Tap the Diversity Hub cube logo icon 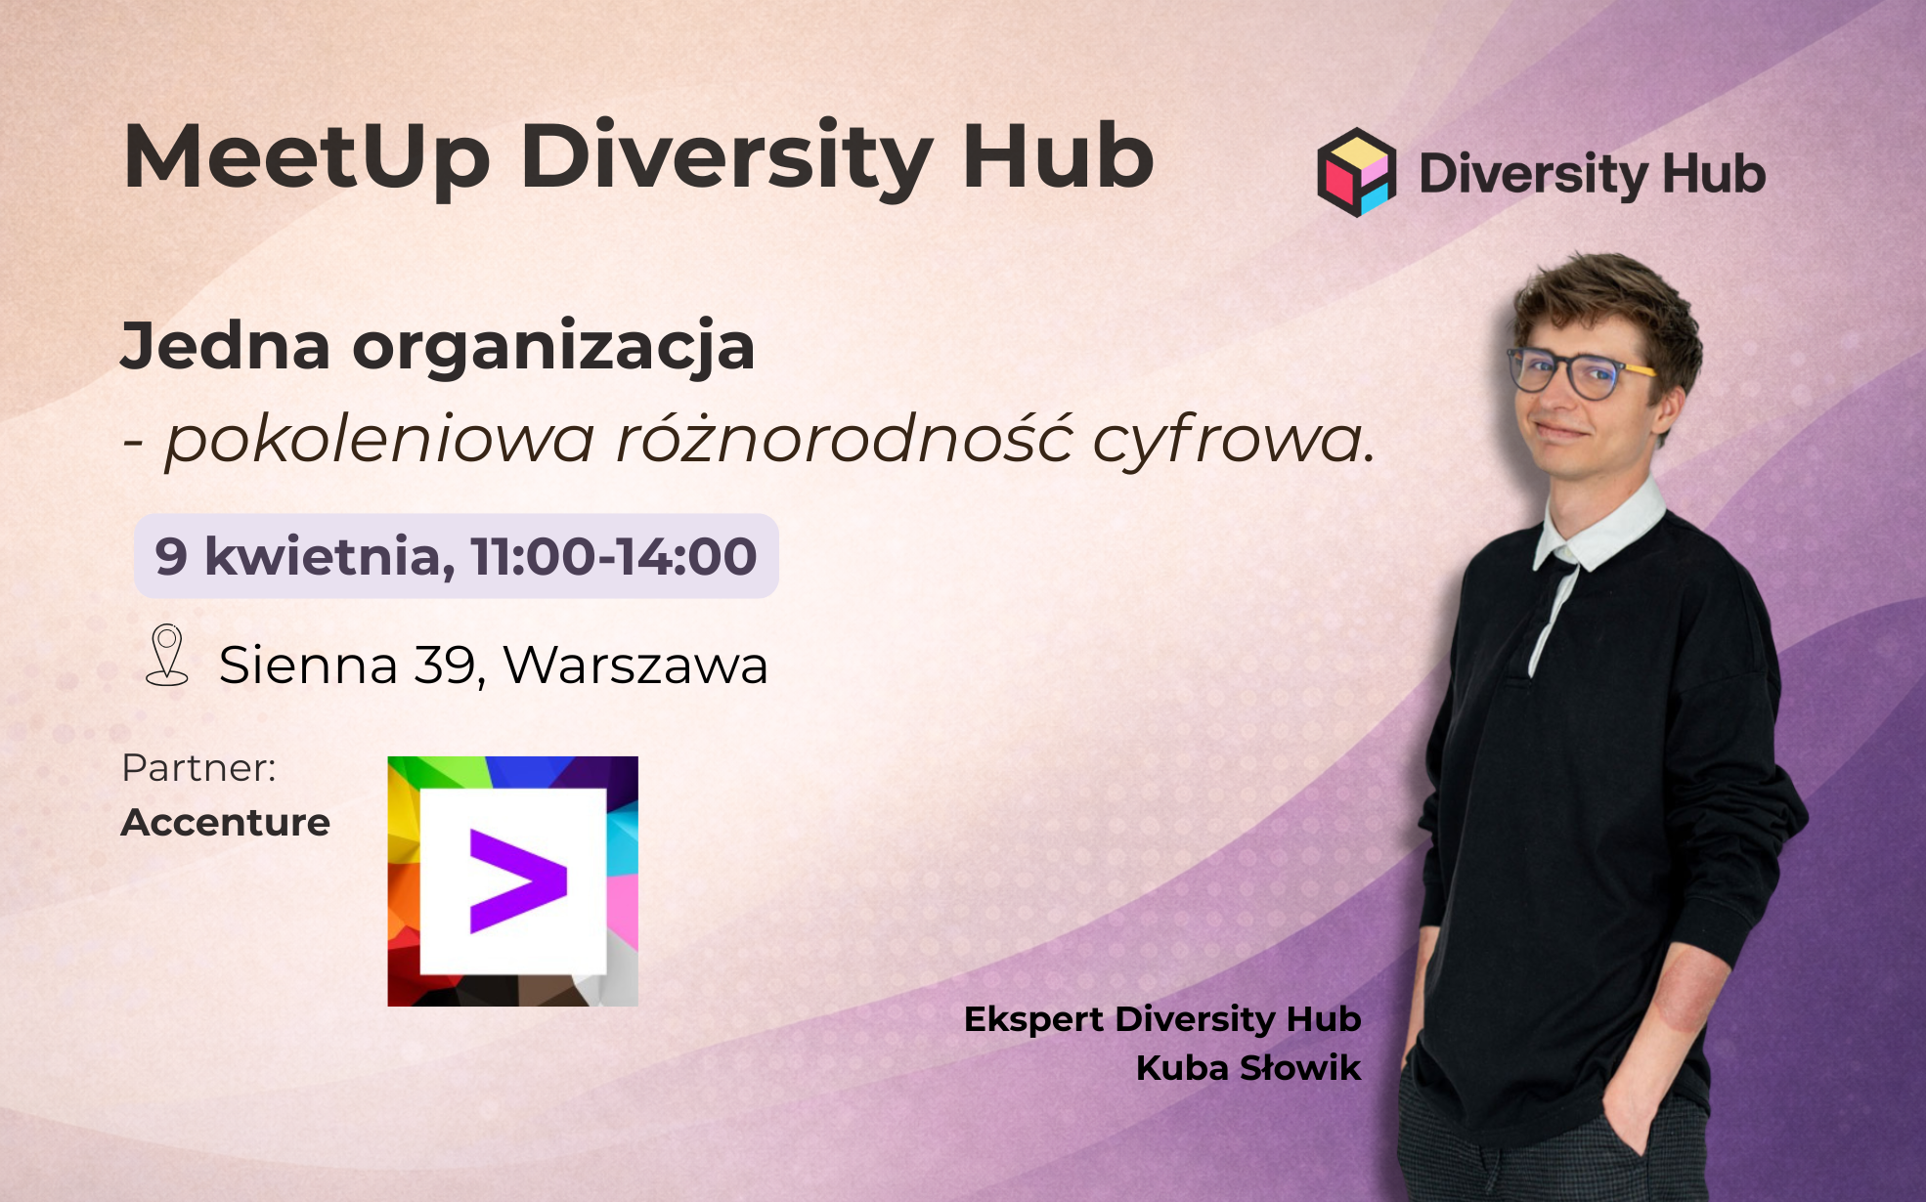click(x=1356, y=172)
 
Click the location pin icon click(x=167, y=655)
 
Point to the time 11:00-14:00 click(x=614, y=556)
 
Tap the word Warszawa click(x=635, y=665)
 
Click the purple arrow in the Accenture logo click(x=518, y=880)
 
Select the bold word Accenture click(x=225, y=823)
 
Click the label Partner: click(x=199, y=768)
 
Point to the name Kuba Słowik click(x=1248, y=1068)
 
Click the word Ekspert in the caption click(x=1034, y=1019)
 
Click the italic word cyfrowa click(x=1234, y=441)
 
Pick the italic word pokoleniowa click(x=379, y=440)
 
